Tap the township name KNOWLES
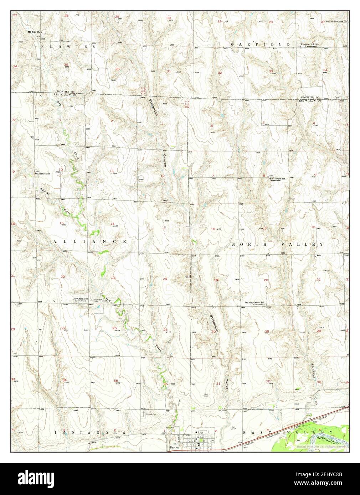click(68, 47)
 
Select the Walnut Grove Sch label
click(254, 303)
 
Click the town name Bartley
click(174, 447)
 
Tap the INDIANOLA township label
click(91, 432)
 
